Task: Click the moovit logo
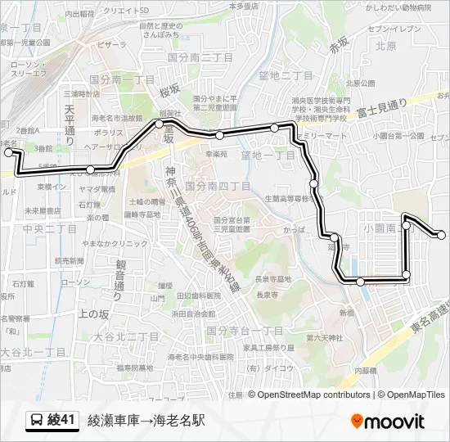[x=387, y=422]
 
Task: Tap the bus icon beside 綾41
[x=37, y=421]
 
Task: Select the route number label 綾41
[x=62, y=421]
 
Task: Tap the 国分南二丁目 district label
[x=200, y=57]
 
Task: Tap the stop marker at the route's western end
[x=9, y=152]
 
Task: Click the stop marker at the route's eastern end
[x=442, y=236]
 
